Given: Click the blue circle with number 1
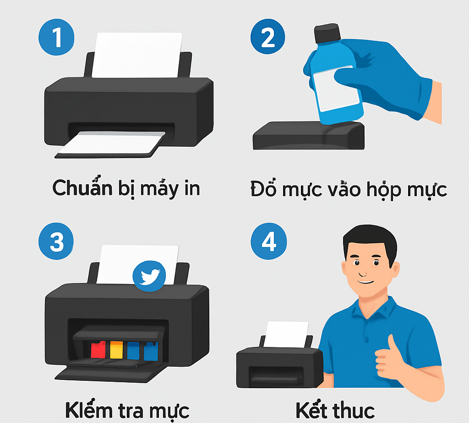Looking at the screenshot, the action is [x=56, y=37].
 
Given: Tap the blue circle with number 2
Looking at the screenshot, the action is [x=267, y=37].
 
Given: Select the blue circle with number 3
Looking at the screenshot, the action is [x=56, y=241].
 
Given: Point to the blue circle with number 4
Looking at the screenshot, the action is [x=268, y=241].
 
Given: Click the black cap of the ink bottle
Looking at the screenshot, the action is [x=327, y=33].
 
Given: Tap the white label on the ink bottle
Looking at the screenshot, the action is [x=336, y=88].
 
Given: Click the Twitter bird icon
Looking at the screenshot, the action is [x=149, y=276].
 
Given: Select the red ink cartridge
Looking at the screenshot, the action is [x=98, y=349].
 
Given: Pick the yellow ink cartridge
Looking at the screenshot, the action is [x=116, y=350].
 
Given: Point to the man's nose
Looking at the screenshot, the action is [x=363, y=271].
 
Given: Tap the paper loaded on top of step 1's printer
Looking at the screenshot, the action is [x=137, y=55].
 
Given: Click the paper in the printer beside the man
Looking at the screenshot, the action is [x=286, y=335].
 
